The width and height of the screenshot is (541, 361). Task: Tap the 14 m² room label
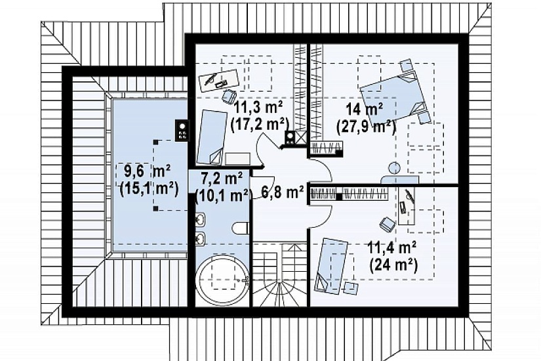click(365, 110)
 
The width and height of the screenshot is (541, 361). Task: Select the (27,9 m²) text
click(366, 127)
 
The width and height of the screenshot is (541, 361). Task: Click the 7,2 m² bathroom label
click(222, 179)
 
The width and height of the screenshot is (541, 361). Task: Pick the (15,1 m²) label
click(149, 188)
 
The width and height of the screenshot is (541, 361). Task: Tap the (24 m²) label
click(393, 265)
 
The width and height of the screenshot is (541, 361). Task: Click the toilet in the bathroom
click(241, 228)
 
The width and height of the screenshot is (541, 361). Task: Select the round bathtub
click(221, 279)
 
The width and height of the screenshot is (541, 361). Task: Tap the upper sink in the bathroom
click(201, 219)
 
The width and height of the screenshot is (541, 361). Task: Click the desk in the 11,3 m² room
click(220, 81)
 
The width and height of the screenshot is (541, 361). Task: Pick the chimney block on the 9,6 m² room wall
click(182, 130)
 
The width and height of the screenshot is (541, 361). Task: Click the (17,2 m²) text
click(260, 123)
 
